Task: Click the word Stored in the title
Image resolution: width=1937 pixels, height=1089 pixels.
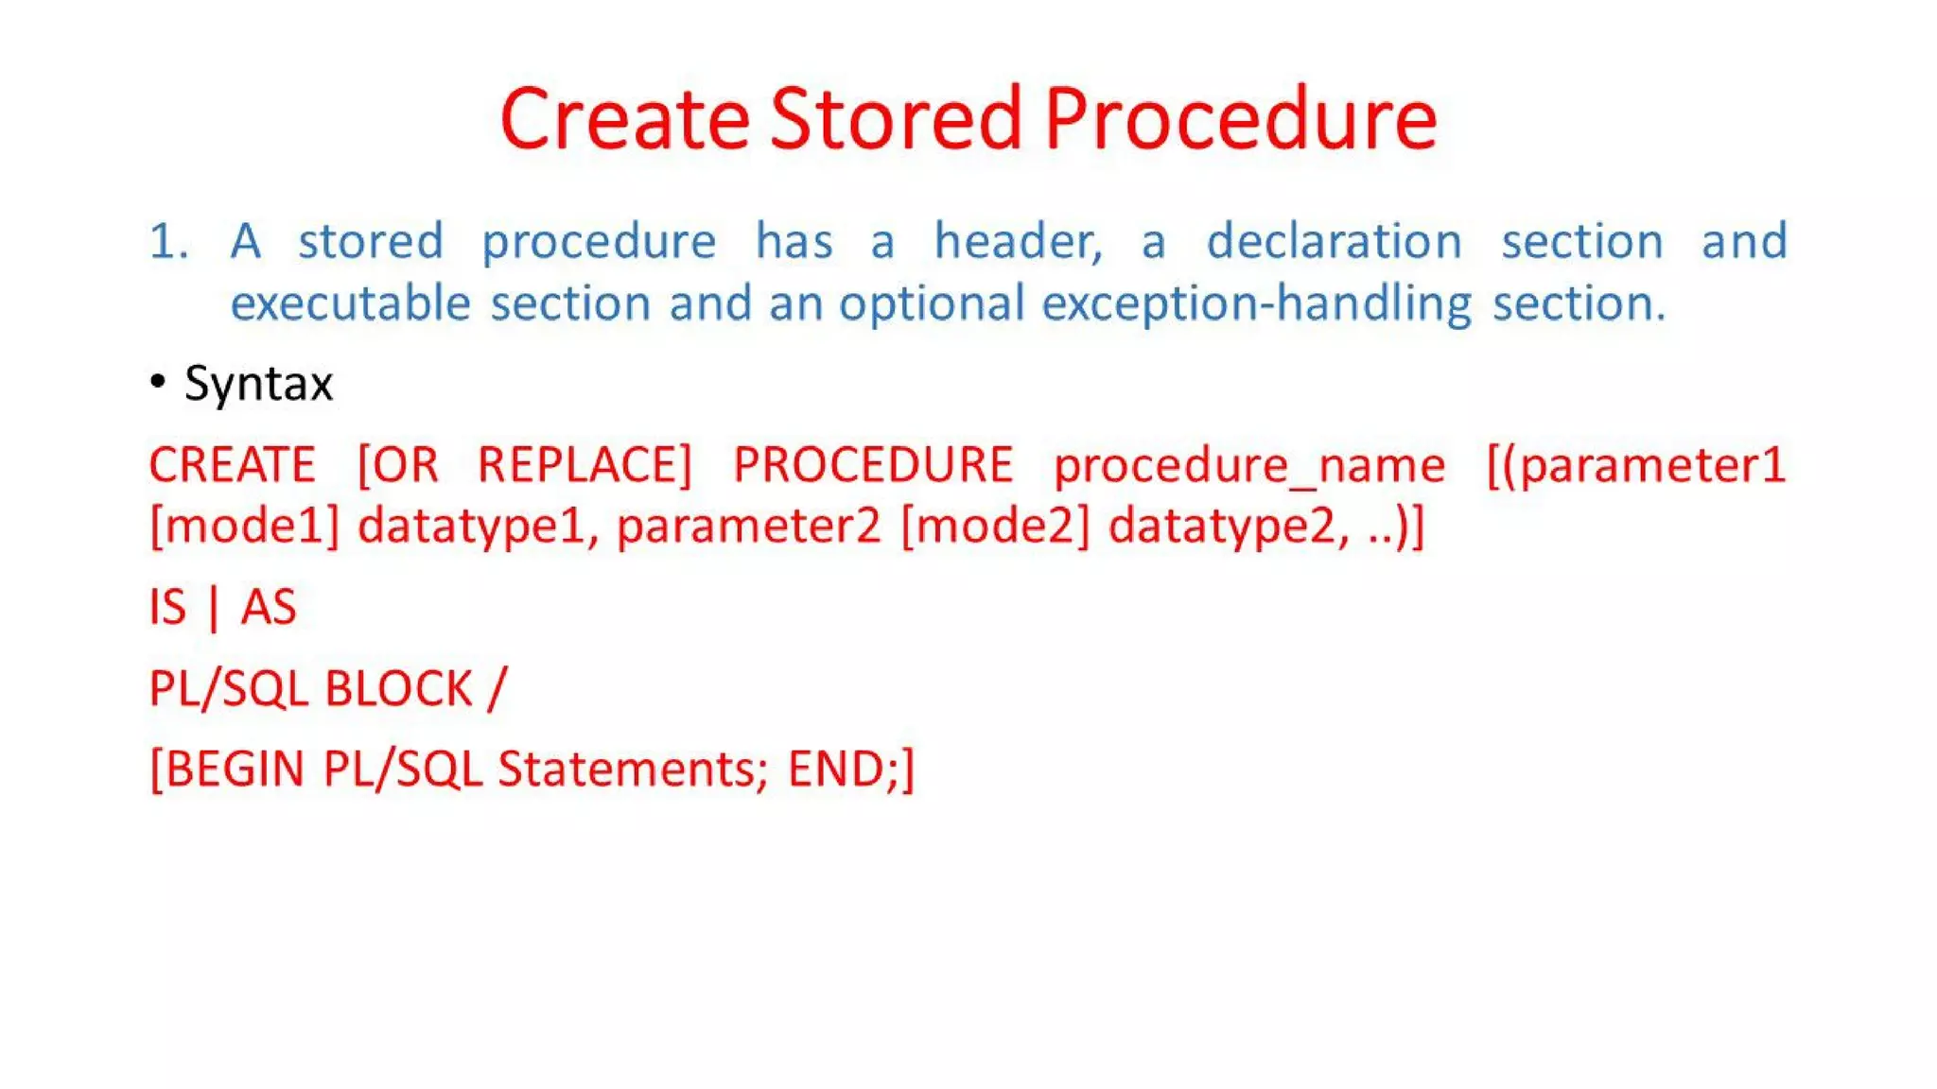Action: [896, 119]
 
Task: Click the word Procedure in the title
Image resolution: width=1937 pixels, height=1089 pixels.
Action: [1240, 119]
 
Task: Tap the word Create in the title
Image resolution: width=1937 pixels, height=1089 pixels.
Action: [624, 119]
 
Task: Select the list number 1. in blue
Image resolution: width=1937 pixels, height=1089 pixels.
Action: [169, 241]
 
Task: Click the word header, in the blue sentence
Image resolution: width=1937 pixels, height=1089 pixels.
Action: [1019, 241]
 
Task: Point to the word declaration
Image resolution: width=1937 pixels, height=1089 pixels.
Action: [1334, 241]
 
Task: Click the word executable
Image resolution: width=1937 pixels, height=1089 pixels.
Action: [350, 304]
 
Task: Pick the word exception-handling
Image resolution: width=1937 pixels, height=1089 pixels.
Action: [1256, 304]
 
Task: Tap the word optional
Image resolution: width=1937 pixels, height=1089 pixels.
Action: [931, 304]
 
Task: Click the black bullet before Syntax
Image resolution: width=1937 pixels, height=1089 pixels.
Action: [158, 382]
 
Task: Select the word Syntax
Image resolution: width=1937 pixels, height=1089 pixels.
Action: [258, 384]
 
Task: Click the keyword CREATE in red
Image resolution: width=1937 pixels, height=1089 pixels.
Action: [232, 465]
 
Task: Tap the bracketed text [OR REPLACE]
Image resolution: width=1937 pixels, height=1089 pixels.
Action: [525, 465]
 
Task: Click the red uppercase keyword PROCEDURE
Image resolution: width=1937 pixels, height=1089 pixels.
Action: [873, 465]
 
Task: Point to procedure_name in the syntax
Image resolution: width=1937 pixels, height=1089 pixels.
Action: [1249, 465]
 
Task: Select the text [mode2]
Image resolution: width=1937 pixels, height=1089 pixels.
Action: [995, 526]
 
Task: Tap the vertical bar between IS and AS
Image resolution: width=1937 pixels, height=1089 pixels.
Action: [214, 608]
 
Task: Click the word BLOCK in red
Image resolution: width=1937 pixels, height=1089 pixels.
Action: [398, 688]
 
